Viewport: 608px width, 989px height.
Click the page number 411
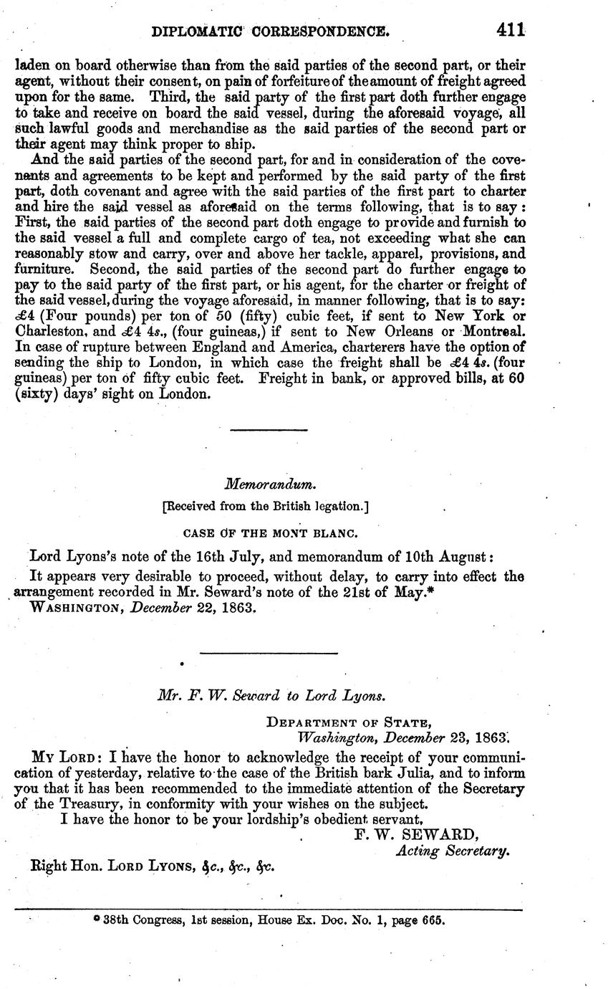click(x=509, y=31)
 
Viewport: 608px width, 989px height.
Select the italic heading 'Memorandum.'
click(x=266, y=485)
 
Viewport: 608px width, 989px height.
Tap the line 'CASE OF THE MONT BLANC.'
click(x=266, y=532)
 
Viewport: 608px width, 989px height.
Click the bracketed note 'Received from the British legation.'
click(x=266, y=507)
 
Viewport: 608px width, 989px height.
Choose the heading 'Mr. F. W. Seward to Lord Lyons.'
click(x=271, y=694)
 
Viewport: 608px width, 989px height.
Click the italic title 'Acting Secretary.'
click(x=453, y=851)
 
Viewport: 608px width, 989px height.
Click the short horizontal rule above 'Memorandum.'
click(x=269, y=430)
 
